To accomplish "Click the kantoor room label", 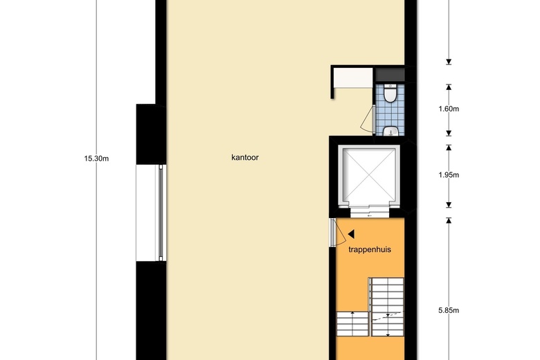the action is (245, 157).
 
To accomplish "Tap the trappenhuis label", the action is (370, 249).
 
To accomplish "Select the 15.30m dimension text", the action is (96, 159).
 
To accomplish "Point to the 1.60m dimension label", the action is (449, 109).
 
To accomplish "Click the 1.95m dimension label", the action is (449, 175).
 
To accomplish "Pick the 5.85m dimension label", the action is (449, 310).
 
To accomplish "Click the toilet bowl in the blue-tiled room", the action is (390, 93).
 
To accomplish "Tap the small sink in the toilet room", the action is (390, 132).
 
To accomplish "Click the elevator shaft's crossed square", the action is (369, 176).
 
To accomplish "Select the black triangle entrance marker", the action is (351, 234).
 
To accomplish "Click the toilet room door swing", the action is (368, 119).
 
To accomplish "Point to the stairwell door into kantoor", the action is (338, 233).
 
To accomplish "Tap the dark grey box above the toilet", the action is (390, 75).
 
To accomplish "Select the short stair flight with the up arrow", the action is (352, 323).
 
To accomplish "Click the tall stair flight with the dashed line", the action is (388, 307).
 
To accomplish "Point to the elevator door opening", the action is (370, 213).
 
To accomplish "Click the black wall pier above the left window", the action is (151, 134).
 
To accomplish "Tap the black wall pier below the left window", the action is (151, 310).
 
